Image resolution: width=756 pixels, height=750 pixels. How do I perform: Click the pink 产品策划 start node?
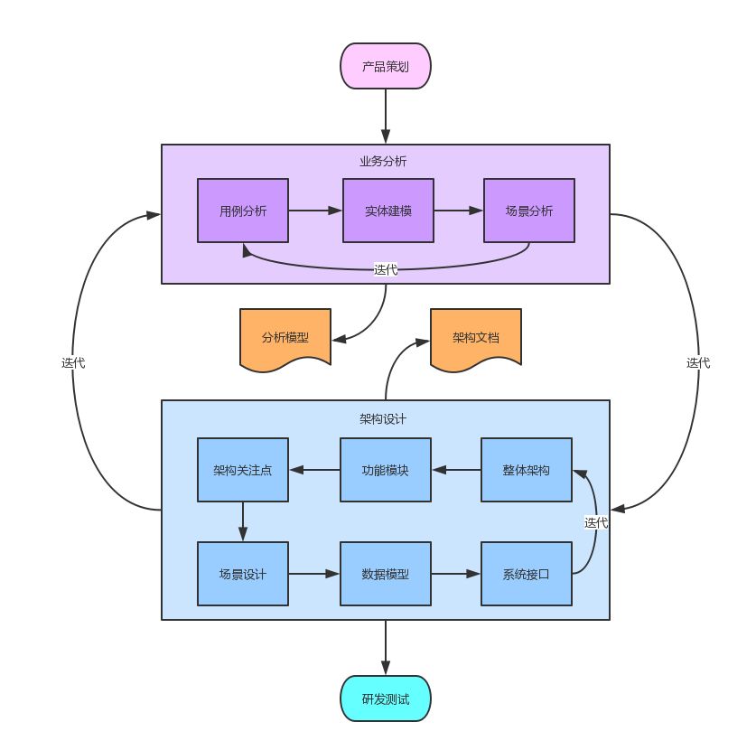pyautogui.click(x=386, y=66)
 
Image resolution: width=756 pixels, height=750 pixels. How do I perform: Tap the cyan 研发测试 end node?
pyautogui.click(x=386, y=698)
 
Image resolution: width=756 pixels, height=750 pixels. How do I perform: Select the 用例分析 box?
pyautogui.click(x=243, y=211)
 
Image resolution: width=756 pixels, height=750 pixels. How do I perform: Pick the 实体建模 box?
pyautogui.click(x=388, y=211)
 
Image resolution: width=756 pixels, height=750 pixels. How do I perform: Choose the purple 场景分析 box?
pyautogui.click(x=529, y=211)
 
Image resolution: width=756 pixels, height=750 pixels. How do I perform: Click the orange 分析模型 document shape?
pyautogui.click(x=285, y=338)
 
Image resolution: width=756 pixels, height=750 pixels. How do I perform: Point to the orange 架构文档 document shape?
pyautogui.click(x=476, y=338)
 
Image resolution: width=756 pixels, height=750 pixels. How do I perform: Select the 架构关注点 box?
pyautogui.click(x=243, y=470)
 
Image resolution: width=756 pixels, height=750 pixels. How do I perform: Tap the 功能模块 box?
pyautogui.click(x=386, y=470)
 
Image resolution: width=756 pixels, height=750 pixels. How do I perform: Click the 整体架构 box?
pyautogui.click(x=527, y=470)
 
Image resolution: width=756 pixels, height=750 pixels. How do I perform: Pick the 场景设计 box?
pyautogui.click(x=243, y=574)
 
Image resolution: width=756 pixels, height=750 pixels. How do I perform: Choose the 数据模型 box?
pyautogui.click(x=386, y=574)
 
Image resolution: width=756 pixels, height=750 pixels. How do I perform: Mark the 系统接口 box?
pyautogui.click(x=527, y=574)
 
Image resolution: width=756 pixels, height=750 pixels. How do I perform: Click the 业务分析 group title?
pyautogui.click(x=383, y=161)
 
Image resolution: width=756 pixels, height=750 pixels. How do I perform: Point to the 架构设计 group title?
pyautogui.click(x=383, y=419)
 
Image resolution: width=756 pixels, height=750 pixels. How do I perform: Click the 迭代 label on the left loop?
pyautogui.click(x=73, y=362)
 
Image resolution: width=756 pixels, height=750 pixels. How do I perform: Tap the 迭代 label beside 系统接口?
pyautogui.click(x=596, y=522)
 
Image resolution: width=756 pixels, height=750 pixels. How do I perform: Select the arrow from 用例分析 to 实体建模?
pyautogui.click(x=315, y=211)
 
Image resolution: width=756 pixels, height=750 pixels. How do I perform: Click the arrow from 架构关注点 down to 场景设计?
pyautogui.click(x=243, y=521)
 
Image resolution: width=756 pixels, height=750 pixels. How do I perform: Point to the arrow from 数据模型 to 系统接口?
pyautogui.click(x=456, y=574)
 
